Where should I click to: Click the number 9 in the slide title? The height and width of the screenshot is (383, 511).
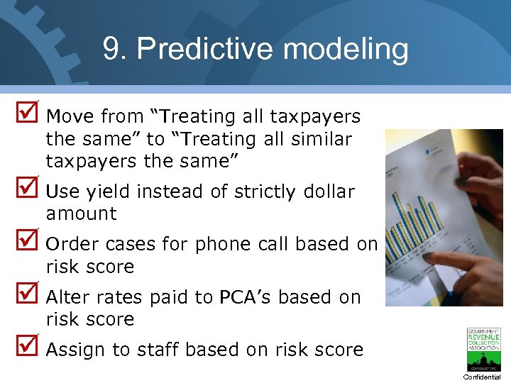pyautogui.click(x=111, y=50)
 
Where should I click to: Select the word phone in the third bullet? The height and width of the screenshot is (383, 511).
pyautogui.click(x=221, y=244)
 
